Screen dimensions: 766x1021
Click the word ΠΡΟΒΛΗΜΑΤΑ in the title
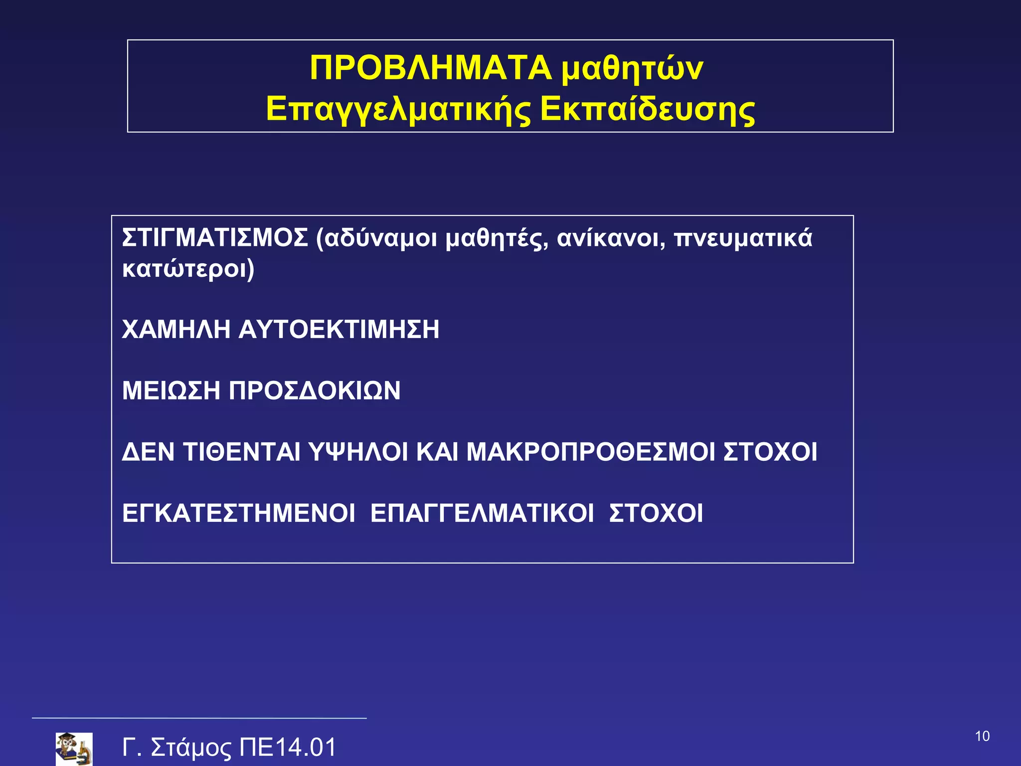coord(430,68)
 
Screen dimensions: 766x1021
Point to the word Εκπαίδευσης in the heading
coord(647,110)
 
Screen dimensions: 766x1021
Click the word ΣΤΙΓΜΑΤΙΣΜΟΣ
coord(215,238)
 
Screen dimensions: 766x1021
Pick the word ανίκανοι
coord(611,238)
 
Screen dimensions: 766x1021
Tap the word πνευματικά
coord(743,238)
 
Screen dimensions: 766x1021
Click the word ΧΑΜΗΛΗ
coord(176,330)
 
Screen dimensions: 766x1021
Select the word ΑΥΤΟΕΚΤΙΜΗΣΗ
coord(339,330)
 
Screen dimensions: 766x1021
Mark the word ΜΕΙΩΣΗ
coord(171,390)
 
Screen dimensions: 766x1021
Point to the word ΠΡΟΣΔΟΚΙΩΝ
coord(315,390)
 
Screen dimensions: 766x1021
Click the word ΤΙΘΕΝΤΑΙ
coord(242,452)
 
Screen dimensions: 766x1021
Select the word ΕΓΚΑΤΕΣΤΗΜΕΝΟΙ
coord(239,513)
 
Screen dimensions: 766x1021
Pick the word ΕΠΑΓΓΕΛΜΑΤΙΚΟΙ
coord(482,513)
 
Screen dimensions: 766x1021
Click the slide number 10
coord(982,736)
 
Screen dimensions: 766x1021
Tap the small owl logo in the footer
coord(74,748)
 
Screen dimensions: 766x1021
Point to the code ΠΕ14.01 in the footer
coord(288,748)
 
